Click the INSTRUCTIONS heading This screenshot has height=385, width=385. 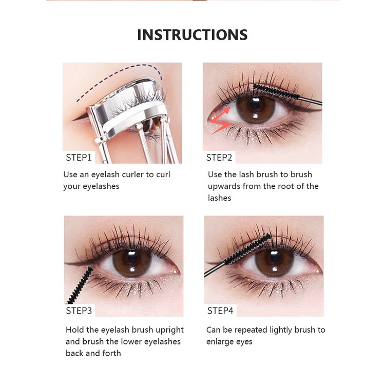click(192, 35)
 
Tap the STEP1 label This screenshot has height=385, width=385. click(79, 157)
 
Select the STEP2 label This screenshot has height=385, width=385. click(219, 157)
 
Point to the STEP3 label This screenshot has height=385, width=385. click(79, 310)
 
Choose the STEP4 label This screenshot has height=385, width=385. click(220, 310)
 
